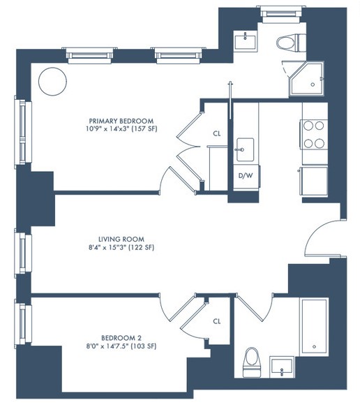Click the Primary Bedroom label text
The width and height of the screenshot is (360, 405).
[121, 121]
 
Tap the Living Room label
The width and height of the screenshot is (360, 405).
[121, 239]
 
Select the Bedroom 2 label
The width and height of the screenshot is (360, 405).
[121, 338]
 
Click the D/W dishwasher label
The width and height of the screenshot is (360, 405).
[246, 176]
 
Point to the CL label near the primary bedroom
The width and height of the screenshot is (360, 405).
[217, 133]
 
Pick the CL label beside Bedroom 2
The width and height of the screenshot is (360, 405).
[217, 321]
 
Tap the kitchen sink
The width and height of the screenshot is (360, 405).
[245, 149]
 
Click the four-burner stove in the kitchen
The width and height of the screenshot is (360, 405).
[314, 134]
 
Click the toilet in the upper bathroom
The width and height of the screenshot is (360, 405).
[291, 43]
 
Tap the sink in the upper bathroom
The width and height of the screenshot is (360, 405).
[246, 40]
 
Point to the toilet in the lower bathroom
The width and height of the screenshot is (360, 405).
[251, 362]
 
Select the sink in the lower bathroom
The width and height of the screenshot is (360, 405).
[282, 367]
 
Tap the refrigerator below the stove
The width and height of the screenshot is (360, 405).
[314, 181]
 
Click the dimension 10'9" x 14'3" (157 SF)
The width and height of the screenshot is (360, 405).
[121, 129]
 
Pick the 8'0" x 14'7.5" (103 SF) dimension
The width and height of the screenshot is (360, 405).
[121, 346]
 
